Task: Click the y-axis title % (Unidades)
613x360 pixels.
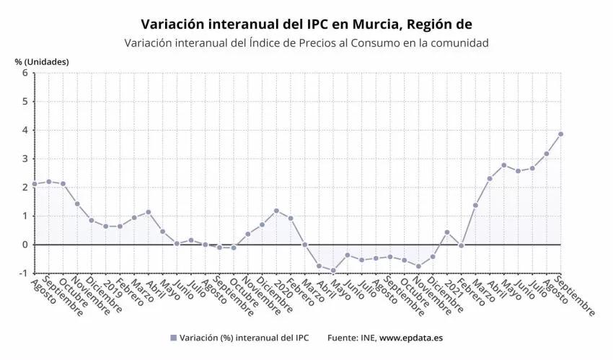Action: (x=42, y=61)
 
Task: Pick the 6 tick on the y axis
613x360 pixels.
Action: (x=25, y=73)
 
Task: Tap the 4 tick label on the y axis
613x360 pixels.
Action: (x=25, y=130)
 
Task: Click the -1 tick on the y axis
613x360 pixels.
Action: (x=23, y=273)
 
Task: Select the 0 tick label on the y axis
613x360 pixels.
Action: (x=25, y=245)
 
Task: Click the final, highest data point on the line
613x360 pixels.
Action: (x=561, y=133)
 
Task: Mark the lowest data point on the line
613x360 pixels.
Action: (x=333, y=271)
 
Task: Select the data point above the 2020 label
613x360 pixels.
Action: (x=276, y=211)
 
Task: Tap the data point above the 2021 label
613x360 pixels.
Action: (x=447, y=232)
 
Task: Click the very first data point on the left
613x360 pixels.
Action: (x=35, y=184)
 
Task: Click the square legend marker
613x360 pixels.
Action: (x=173, y=338)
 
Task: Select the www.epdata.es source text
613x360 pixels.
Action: (x=412, y=338)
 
